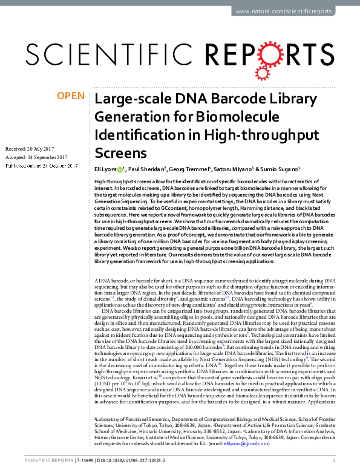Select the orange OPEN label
coord(71,96)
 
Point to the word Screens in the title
coord(121,152)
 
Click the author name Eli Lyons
coord(106,170)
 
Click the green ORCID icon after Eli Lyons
coord(121,170)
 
